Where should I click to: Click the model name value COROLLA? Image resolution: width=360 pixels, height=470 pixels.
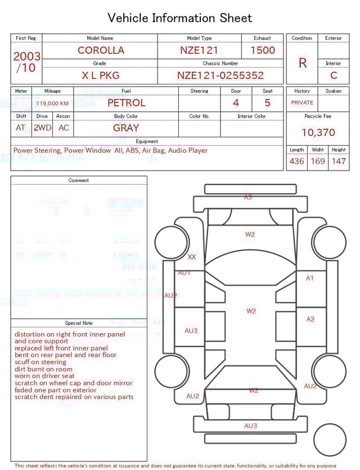click(101, 50)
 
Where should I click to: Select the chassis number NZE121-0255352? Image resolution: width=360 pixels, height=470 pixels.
click(220, 75)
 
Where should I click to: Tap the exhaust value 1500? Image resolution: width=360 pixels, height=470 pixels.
click(263, 50)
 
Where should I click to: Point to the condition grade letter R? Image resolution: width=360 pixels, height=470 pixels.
click(303, 63)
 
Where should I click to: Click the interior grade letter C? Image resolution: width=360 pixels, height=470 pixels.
click(334, 75)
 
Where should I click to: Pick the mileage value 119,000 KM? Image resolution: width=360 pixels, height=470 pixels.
click(52, 104)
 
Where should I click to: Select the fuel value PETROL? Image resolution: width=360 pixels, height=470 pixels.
click(126, 103)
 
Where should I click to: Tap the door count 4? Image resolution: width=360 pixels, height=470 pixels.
click(236, 103)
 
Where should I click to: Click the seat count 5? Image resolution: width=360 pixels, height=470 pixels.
click(267, 103)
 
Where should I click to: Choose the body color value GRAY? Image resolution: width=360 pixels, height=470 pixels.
click(126, 128)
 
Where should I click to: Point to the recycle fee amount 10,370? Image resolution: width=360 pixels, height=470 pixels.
click(318, 133)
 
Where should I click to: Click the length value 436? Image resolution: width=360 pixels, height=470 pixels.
click(296, 162)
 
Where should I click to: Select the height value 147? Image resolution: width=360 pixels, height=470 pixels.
click(339, 162)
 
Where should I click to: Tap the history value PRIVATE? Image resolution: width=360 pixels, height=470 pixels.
click(302, 103)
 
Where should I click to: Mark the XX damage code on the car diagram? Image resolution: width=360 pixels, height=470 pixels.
click(192, 257)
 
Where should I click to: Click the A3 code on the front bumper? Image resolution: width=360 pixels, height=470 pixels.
click(248, 197)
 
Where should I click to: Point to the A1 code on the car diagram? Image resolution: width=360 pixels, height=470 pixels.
click(310, 278)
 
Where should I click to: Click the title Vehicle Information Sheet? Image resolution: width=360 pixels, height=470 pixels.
click(180, 18)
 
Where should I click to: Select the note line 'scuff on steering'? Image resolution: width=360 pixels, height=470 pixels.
click(40, 362)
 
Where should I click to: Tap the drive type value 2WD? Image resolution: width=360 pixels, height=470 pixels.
click(42, 128)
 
